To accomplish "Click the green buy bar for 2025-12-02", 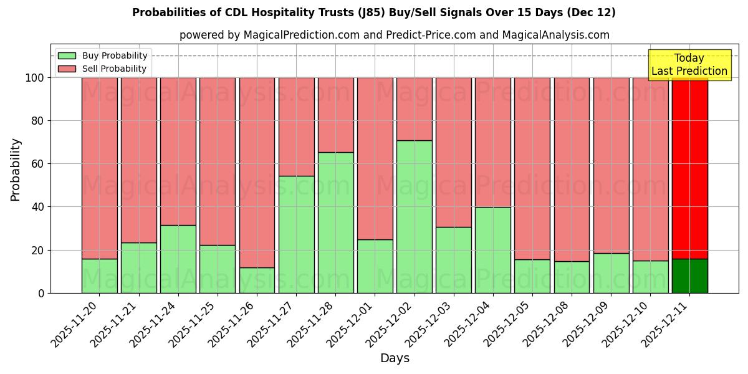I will point(415,216).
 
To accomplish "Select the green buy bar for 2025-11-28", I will point(335,223).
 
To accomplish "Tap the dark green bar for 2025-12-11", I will point(689,276).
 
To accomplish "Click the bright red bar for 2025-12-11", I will point(689,168).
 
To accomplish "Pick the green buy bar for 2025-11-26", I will point(257,280).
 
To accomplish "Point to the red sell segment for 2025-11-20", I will point(100,168).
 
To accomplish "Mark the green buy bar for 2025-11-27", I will point(296,234).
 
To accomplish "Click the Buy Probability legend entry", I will point(103,55).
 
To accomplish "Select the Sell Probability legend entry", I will point(103,69).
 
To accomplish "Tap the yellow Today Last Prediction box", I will point(689,65).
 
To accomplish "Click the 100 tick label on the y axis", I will point(35,78).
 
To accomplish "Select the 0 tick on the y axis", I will point(42,293).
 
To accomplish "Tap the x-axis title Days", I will point(395,358).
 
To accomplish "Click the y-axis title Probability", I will point(16,170).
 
